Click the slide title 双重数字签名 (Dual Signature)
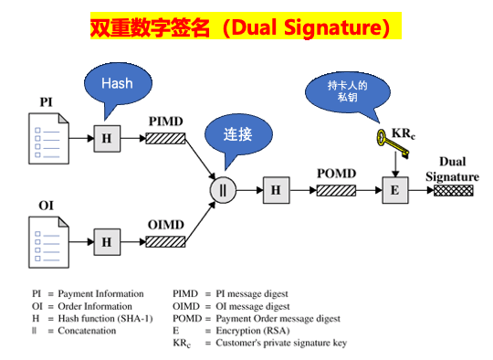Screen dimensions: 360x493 [246, 28]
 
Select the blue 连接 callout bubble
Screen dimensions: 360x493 [236, 135]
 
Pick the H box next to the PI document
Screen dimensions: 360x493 [107, 138]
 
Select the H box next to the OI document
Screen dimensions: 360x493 [107, 242]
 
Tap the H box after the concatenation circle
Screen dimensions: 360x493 [276, 190]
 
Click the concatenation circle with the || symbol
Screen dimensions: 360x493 [223, 190]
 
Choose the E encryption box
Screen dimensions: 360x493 [394, 190]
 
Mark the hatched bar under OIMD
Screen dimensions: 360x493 [166, 242]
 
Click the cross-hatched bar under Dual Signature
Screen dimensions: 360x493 [453, 190]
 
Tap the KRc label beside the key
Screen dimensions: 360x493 [404, 133]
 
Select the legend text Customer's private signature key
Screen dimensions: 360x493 [275, 344]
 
